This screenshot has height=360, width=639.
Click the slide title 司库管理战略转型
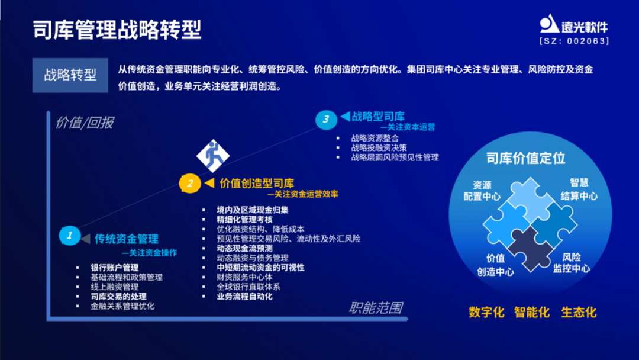(x=117, y=30)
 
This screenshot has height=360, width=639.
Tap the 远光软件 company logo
(x=573, y=24)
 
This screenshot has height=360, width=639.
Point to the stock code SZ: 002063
(x=574, y=41)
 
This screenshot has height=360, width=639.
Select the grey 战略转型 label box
(x=70, y=75)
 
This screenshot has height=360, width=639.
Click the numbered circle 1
(x=69, y=236)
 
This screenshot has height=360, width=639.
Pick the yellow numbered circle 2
(x=190, y=184)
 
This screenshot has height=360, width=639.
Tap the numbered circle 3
(x=325, y=119)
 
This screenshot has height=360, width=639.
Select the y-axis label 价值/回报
(x=84, y=123)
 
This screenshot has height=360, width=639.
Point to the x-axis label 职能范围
(x=376, y=308)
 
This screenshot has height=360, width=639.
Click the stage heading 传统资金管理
(x=127, y=239)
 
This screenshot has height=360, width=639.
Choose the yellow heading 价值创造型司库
(x=257, y=184)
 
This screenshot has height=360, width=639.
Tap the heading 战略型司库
(x=378, y=117)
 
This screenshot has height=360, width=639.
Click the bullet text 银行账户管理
(x=114, y=268)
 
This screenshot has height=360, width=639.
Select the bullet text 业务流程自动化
(x=244, y=296)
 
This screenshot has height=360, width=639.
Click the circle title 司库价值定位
(x=525, y=158)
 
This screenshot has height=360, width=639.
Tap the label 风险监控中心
(x=571, y=263)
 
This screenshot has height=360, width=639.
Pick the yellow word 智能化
(x=532, y=312)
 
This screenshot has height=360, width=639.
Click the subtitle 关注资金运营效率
(x=305, y=194)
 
